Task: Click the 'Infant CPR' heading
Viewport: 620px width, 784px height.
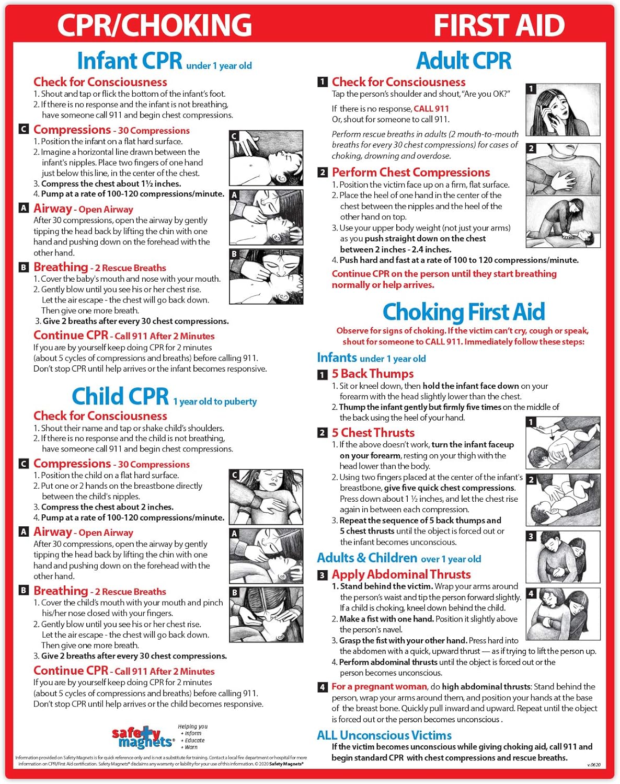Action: (x=130, y=61)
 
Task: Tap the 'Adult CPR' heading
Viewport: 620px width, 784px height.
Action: (x=464, y=61)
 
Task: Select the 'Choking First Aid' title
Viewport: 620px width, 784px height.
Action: (x=464, y=313)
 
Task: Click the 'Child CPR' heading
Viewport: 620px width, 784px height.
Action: (x=120, y=397)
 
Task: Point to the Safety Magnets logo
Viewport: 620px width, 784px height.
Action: (x=142, y=736)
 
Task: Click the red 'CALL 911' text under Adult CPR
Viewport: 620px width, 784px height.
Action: (x=431, y=109)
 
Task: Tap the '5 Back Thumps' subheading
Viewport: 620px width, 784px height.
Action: (x=373, y=374)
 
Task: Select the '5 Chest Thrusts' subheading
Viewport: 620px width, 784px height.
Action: (x=373, y=433)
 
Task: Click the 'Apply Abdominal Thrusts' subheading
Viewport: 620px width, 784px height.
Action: (x=401, y=574)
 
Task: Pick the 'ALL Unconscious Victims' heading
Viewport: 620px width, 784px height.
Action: (x=384, y=735)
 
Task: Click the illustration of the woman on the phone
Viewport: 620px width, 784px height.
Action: (x=562, y=110)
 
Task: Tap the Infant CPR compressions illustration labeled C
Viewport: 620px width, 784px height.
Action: (x=266, y=158)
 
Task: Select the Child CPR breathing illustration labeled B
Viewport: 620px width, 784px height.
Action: (x=266, y=615)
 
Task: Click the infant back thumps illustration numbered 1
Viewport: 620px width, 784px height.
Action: (x=562, y=443)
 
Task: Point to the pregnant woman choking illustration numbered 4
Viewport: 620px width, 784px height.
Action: (x=562, y=614)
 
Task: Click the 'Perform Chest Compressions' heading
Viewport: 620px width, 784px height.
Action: (x=411, y=172)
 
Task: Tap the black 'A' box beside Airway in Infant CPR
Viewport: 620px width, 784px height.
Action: (x=24, y=208)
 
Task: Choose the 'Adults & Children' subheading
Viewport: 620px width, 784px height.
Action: (x=367, y=558)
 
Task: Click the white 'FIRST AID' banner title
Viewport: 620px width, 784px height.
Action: (x=499, y=25)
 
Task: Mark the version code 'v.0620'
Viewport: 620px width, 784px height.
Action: (x=593, y=765)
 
